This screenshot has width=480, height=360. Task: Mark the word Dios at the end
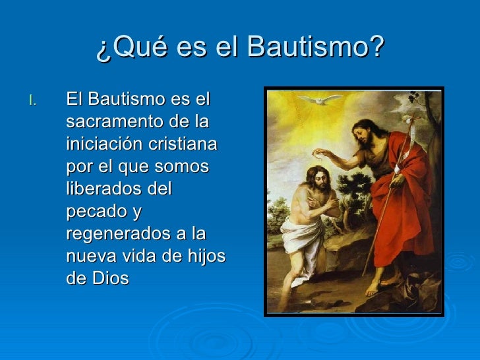(111, 278)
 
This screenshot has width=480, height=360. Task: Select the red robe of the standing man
(396, 211)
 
